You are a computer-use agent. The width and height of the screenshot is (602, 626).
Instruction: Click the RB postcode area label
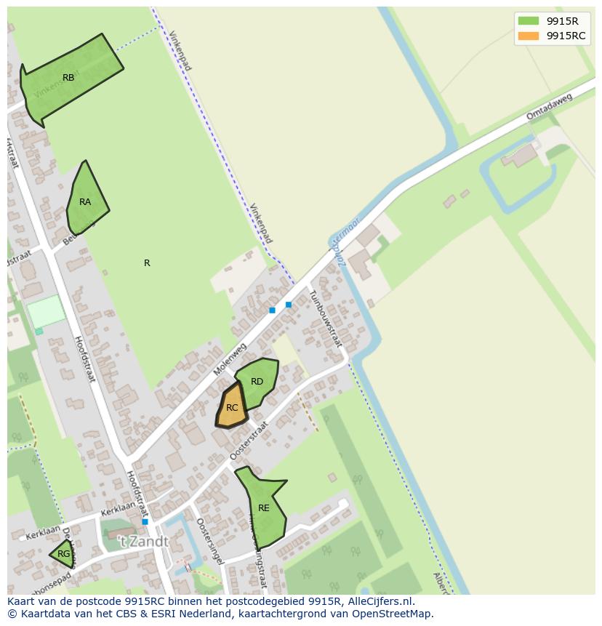[x=68, y=78]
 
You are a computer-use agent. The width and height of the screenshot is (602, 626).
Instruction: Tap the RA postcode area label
[x=85, y=202]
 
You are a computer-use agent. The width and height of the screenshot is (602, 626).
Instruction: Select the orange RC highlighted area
[x=232, y=408]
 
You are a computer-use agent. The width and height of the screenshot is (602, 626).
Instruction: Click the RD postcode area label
[x=257, y=382]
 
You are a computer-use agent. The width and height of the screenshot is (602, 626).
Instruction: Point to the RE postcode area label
[x=264, y=508]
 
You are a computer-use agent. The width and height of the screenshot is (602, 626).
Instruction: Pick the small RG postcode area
[x=63, y=554]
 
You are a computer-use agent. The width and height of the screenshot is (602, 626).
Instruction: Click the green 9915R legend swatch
[x=529, y=21]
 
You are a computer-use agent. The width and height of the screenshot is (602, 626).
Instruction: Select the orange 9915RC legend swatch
[x=529, y=36]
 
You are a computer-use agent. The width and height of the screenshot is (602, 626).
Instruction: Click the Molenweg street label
[x=230, y=360]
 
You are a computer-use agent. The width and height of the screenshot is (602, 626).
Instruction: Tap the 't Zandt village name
[x=144, y=542]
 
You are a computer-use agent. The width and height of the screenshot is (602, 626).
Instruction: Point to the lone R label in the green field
[x=147, y=263]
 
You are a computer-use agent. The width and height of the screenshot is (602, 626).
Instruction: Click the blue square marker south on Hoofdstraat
[x=145, y=521]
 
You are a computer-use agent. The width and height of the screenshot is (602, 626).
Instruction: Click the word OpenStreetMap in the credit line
[x=393, y=614]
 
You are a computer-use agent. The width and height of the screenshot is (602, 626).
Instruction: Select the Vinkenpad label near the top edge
[x=180, y=49]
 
